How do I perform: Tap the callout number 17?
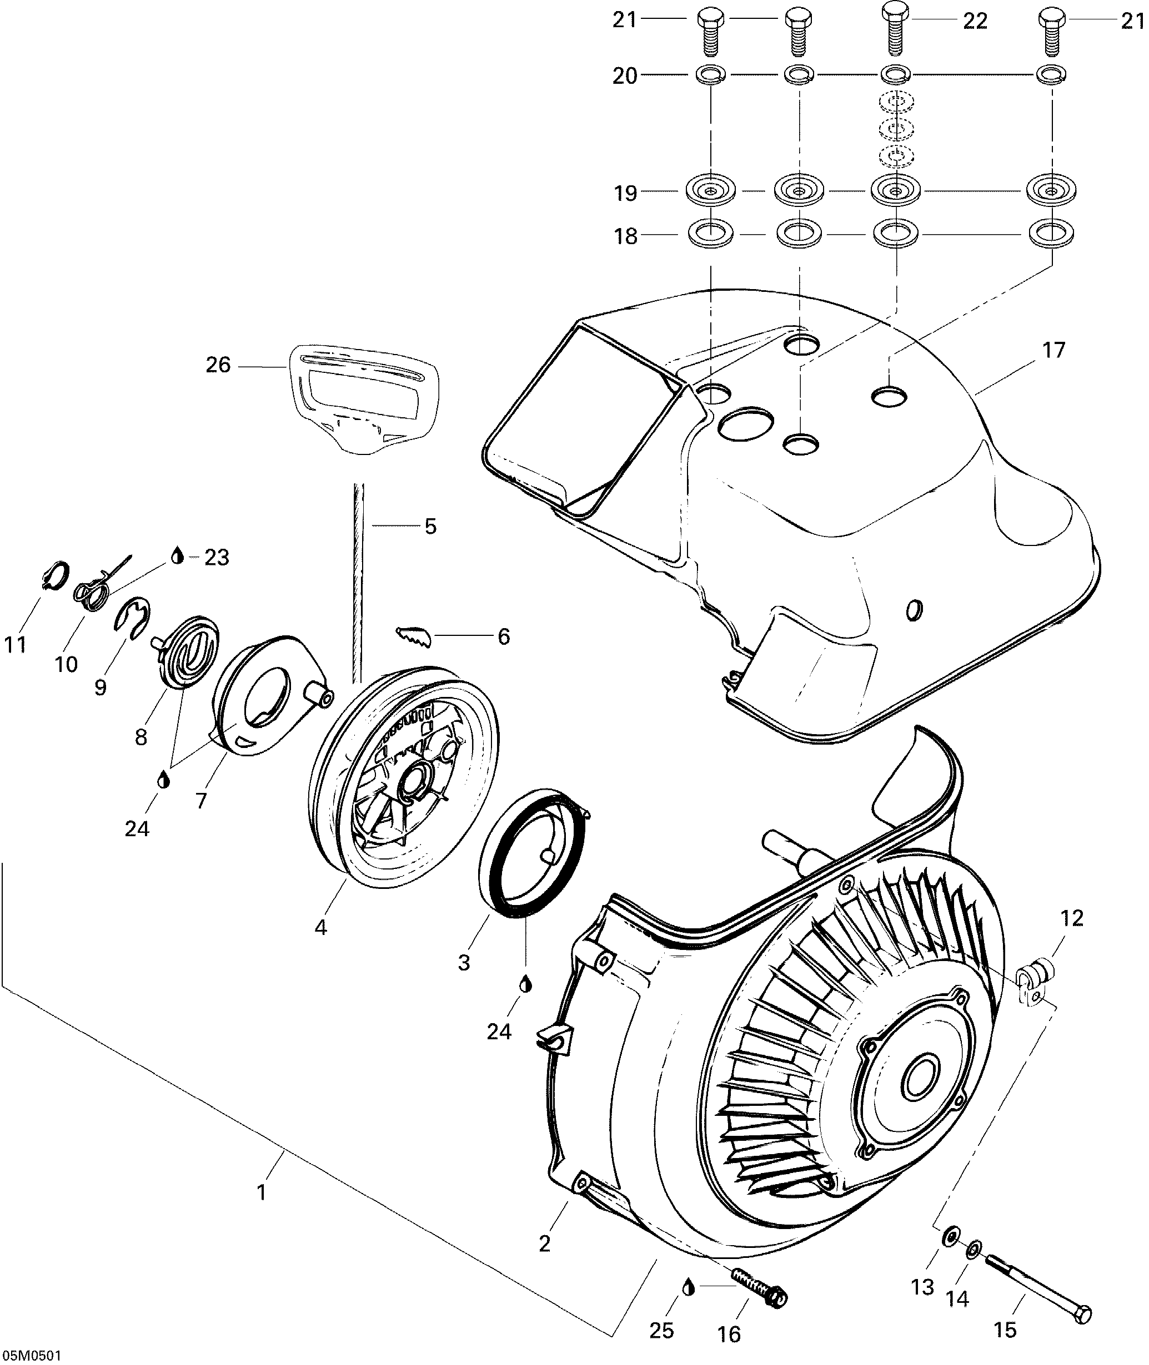[x=1053, y=350]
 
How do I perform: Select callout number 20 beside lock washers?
[x=625, y=76]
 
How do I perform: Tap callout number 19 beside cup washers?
[x=625, y=193]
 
